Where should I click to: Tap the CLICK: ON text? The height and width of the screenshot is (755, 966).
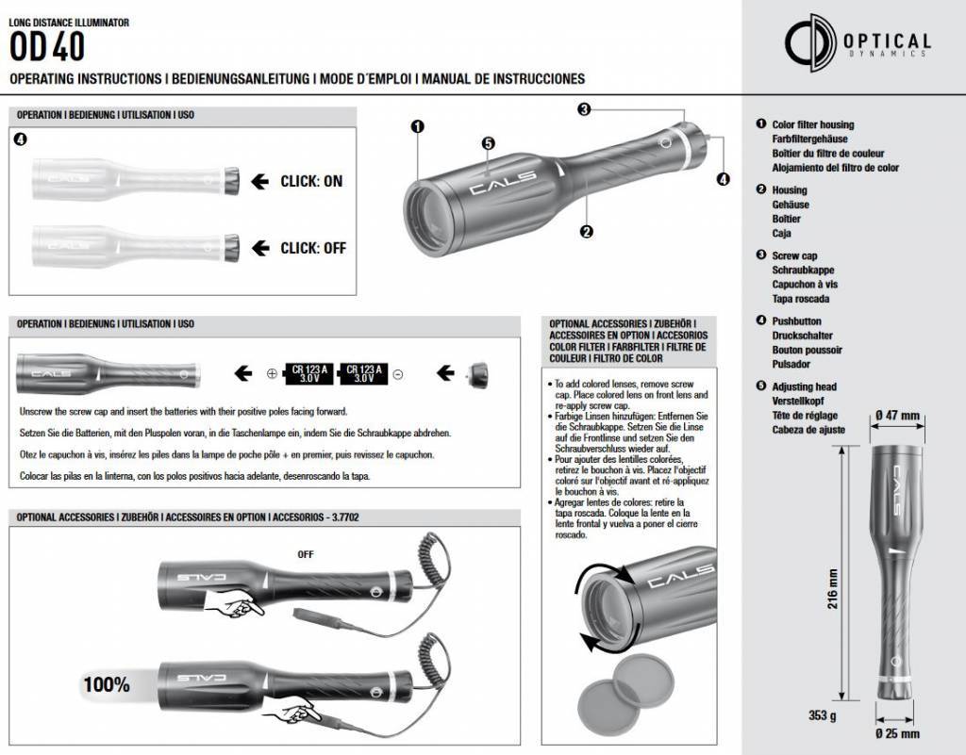click(x=311, y=181)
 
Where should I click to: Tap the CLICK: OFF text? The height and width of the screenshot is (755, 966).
click(x=313, y=248)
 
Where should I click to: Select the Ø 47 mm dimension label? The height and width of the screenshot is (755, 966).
click(x=896, y=416)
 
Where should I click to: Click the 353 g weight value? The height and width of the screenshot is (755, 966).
click(x=824, y=714)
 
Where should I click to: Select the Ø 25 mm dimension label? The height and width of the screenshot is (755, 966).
click(x=896, y=733)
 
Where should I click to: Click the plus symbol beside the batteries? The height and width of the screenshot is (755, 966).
click(x=272, y=374)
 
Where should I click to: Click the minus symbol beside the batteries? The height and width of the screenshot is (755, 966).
click(x=398, y=374)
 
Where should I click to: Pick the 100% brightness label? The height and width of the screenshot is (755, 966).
click(x=106, y=685)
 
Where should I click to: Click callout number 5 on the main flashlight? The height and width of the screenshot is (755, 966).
click(x=488, y=143)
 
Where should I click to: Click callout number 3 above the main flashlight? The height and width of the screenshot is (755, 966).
click(x=585, y=109)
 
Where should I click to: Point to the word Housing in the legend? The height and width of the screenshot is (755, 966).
click(x=790, y=189)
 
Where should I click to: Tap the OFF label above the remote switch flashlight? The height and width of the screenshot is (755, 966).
click(x=305, y=554)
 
